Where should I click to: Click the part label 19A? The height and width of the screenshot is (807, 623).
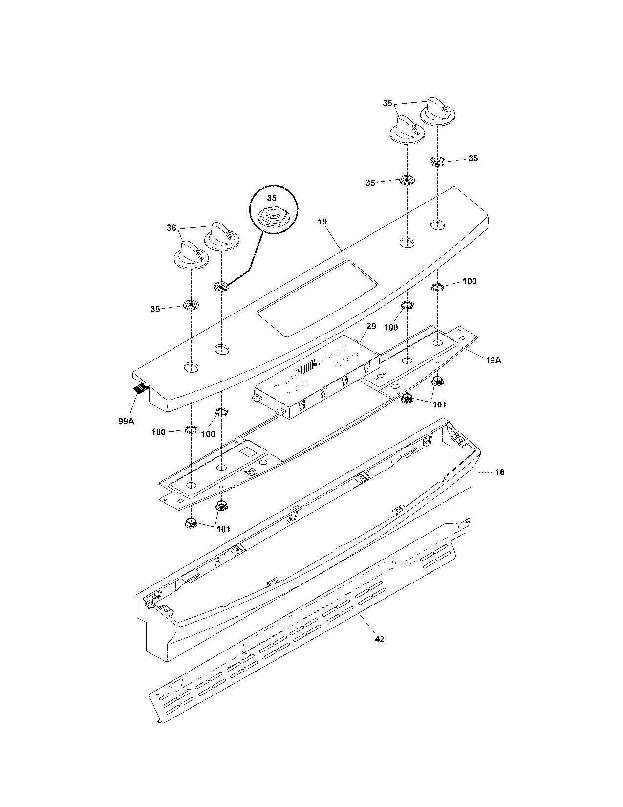[493, 360]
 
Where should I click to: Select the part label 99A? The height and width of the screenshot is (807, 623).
[126, 421]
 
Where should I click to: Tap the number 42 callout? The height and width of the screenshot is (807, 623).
[380, 639]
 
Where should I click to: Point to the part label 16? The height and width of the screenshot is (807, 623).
[500, 472]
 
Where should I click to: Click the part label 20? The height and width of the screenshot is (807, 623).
[371, 326]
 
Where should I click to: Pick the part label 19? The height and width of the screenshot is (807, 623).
[322, 222]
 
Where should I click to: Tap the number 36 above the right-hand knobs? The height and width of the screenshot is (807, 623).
[387, 103]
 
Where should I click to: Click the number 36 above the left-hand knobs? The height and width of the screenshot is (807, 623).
[171, 227]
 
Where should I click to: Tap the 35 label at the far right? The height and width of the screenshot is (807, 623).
[473, 158]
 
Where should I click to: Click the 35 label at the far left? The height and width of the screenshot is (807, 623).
[155, 309]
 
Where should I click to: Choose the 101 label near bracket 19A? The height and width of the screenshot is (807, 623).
[439, 404]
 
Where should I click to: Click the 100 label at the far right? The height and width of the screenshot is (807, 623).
[469, 281]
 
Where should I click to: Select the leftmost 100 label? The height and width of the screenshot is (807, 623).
[159, 432]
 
